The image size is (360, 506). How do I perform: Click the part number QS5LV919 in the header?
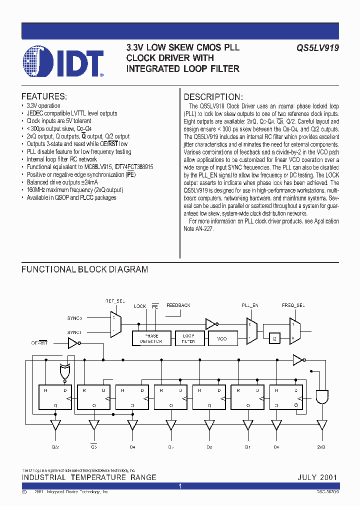point(317,48)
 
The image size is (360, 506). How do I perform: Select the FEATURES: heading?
point(44,96)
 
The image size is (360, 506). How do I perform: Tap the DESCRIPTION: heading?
point(213,97)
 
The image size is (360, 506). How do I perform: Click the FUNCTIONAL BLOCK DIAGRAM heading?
point(84,269)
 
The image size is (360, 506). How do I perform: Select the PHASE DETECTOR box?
point(151,338)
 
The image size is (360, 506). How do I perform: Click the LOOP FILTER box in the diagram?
point(188,338)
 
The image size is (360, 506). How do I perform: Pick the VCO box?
point(222,338)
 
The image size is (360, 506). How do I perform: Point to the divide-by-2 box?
point(275,338)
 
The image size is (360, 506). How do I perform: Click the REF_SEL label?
point(114,301)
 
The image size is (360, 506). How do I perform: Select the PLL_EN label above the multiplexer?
point(250,304)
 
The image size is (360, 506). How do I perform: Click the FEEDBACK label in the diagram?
point(178,305)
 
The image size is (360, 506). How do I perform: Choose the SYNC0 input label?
point(74,318)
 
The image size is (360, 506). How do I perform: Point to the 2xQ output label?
point(321,446)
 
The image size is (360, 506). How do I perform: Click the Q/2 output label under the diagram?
point(55,446)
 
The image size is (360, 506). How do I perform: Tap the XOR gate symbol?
point(64,371)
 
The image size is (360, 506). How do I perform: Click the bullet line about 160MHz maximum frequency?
point(75,190)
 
